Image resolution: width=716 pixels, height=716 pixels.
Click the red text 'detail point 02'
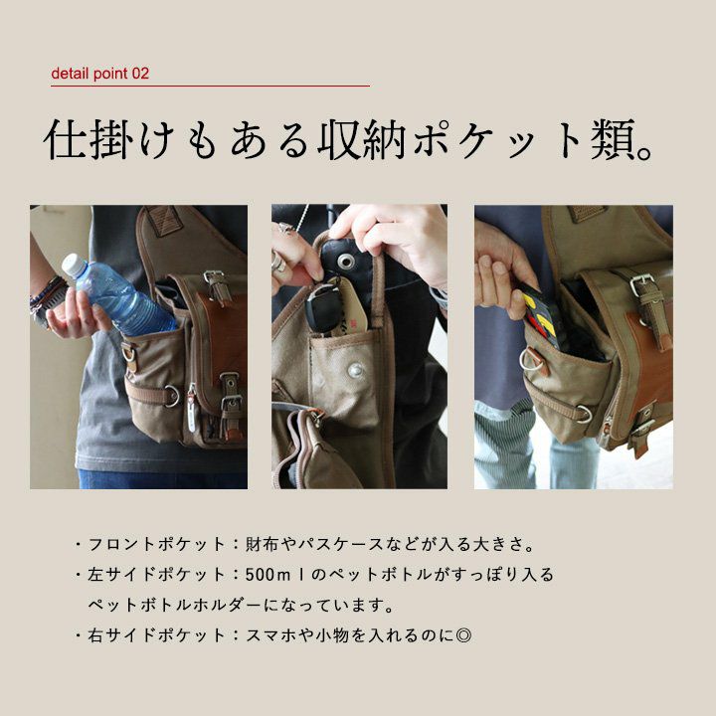100,74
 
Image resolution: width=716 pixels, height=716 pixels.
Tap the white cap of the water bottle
75,266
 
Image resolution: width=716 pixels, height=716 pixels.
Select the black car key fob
322,307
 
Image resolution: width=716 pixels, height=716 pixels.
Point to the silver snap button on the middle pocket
355,370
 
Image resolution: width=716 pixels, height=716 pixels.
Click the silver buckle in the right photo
642,285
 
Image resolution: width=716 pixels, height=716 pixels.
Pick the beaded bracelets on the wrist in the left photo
47,296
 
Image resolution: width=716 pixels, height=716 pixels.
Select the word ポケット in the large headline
497,139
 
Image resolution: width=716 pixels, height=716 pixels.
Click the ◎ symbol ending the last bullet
463,634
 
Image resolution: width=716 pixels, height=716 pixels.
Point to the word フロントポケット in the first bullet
157,544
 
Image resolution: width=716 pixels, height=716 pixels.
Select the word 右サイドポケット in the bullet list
157,634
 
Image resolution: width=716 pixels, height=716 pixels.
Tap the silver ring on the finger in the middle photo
277,264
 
